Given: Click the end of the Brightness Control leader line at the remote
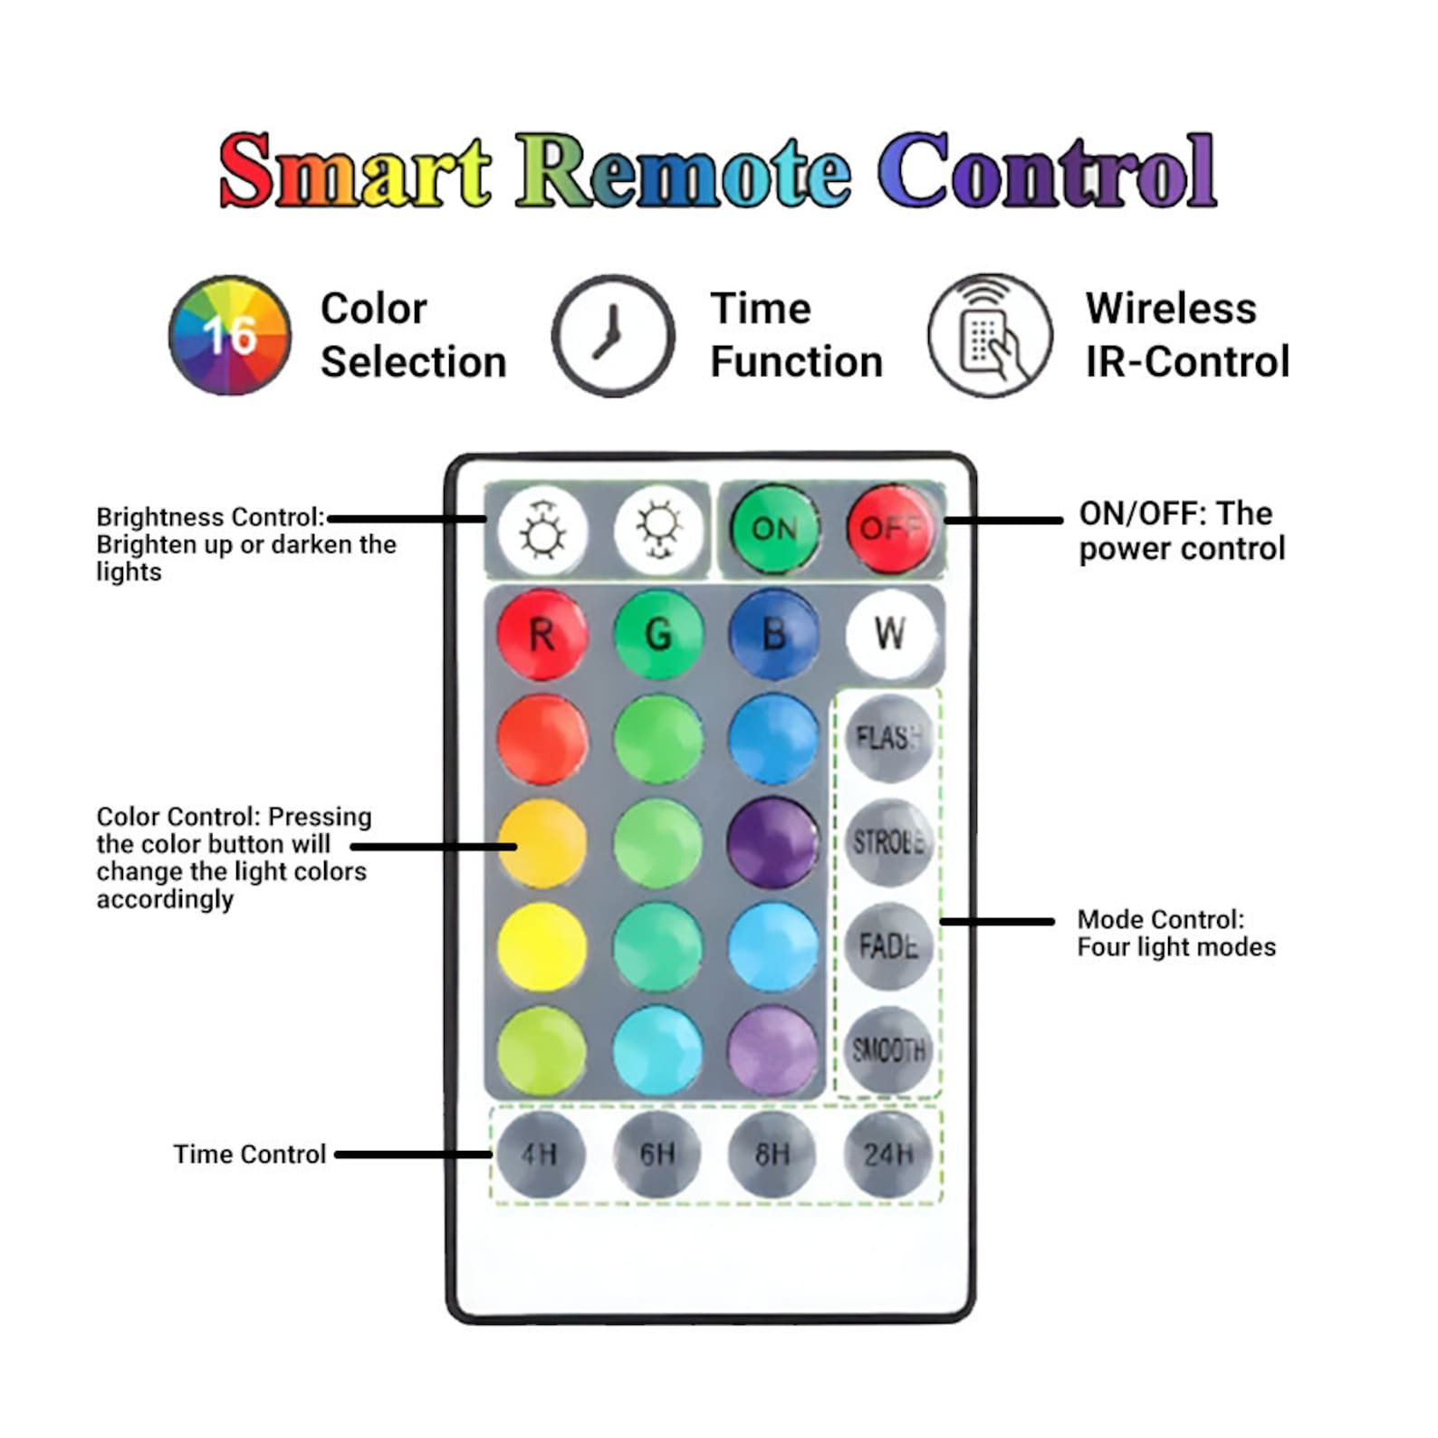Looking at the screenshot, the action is (x=486, y=519).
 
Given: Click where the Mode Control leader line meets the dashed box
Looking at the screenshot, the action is (x=942, y=922).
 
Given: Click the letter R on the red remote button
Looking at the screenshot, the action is (x=542, y=635).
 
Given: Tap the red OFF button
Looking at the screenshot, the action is (x=890, y=528).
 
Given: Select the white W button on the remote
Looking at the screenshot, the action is (x=890, y=633).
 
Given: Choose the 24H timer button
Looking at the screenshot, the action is (x=888, y=1155).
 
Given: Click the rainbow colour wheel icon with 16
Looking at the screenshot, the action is (x=230, y=335).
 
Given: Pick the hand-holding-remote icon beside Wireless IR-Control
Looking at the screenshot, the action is (x=990, y=335).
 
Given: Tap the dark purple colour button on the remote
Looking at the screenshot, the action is (x=773, y=842).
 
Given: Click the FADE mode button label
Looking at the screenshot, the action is (x=888, y=946).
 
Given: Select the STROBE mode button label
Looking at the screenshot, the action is (x=888, y=842).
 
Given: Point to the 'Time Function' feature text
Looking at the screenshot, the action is (x=797, y=335).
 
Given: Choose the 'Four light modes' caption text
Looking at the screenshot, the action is (x=1176, y=947).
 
